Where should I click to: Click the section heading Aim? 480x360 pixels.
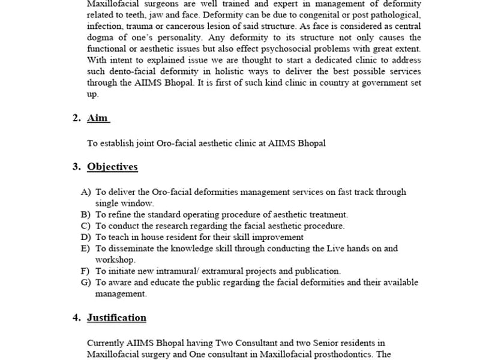coord(98,118)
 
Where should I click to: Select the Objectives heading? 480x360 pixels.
coord(112,167)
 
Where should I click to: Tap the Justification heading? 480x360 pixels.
coord(116,317)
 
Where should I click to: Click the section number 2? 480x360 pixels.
coord(76,118)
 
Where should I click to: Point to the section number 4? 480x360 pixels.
coord(76,317)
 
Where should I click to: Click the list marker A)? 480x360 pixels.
coord(86,192)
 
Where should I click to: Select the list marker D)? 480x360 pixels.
coord(86,237)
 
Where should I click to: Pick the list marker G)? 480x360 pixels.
coord(86,283)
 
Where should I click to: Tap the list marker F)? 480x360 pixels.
coord(86,271)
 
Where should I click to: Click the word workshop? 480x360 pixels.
coord(115,260)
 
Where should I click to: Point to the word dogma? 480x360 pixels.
coord(100,37)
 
